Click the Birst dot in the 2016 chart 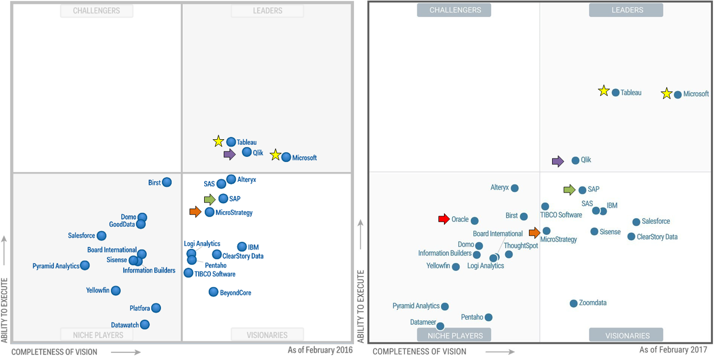coord(166,182)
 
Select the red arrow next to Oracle coord(444,219)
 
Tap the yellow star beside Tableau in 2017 coord(603,91)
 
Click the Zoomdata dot coord(573,303)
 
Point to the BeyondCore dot coord(213,292)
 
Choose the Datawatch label coord(125,325)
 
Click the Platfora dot coord(156,308)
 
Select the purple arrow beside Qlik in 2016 coord(229,154)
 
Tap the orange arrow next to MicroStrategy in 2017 coord(534,232)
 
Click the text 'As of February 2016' coord(320,350)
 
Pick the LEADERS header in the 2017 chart coord(627,10)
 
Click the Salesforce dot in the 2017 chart coord(636,222)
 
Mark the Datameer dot coord(440,326)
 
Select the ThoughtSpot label coord(521,246)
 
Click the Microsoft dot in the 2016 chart coord(286,157)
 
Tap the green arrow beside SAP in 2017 coord(569,190)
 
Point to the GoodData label coord(122,224)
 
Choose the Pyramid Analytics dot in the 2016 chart coord(85,265)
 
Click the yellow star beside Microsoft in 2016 coord(275,155)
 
